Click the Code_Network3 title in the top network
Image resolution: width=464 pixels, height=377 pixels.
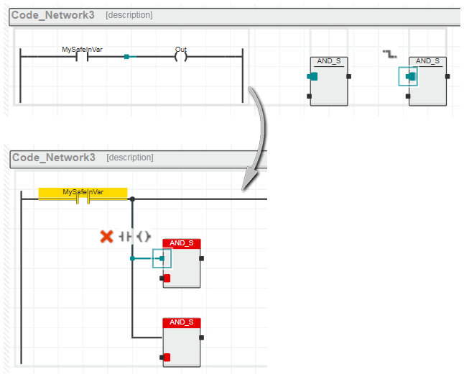53,15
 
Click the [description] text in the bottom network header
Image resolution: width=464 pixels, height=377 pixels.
130,158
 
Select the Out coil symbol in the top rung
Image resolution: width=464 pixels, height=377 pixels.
181,56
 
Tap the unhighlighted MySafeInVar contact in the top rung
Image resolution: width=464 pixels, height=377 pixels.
83,56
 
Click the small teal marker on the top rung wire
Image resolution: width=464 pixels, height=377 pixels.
126,57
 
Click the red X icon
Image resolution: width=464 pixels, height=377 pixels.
106,237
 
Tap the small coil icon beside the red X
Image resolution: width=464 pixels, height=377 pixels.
144,237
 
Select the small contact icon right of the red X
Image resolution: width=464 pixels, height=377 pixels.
126,237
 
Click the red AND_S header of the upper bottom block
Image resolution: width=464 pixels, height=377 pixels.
182,243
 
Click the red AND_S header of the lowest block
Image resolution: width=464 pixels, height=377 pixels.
182,322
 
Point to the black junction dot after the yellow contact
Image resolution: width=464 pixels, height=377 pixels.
132,199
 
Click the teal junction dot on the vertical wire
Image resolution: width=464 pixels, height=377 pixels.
132,258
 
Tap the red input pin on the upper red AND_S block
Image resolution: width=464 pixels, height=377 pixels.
167,278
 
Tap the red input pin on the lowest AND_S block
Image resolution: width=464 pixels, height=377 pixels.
167,357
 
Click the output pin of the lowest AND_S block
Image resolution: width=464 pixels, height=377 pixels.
202,337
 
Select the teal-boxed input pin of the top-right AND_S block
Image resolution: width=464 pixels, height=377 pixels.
411,76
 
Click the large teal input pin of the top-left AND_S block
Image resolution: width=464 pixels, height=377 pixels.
312,76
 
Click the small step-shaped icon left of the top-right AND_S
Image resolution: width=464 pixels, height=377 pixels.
390,54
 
